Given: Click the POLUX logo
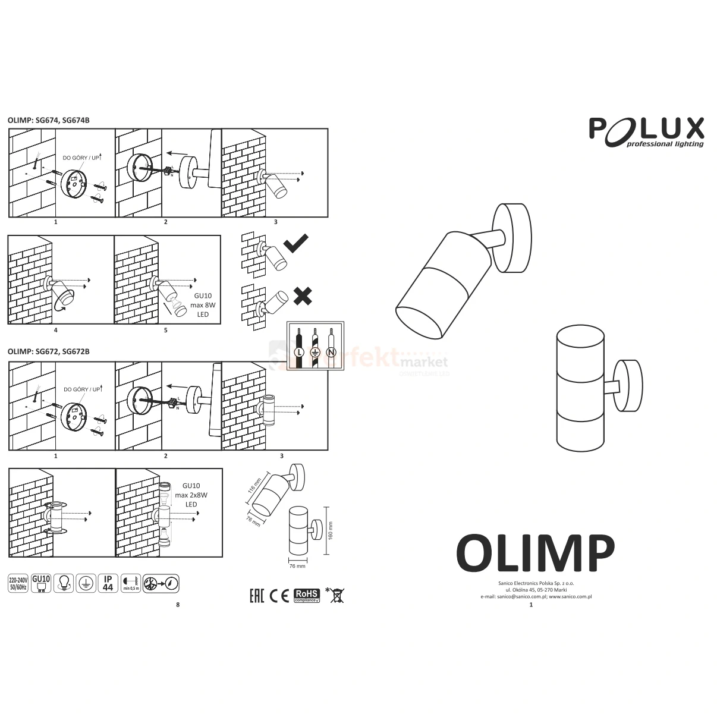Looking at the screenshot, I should (x=646, y=131).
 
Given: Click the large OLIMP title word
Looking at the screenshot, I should (x=534, y=553).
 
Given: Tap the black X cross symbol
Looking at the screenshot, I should (x=303, y=295).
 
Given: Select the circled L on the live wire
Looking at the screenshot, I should (x=299, y=353).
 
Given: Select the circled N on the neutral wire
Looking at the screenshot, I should (x=331, y=353).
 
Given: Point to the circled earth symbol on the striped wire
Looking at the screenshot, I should (x=315, y=353).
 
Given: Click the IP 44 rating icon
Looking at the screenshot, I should (x=108, y=583).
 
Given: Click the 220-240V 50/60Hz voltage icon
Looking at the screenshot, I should (x=18, y=583).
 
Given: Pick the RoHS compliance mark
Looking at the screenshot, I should (x=307, y=595).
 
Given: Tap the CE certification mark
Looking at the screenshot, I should (x=279, y=595).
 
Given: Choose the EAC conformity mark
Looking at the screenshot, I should (x=256, y=595).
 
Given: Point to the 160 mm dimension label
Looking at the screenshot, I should (x=331, y=530).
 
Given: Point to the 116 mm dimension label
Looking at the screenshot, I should (x=254, y=489).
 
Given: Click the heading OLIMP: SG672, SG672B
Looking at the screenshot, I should (x=49, y=351).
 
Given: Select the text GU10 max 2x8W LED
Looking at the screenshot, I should (x=191, y=495).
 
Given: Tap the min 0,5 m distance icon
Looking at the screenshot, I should (x=131, y=583).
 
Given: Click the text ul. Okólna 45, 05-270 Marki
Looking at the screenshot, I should (x=536, y=590).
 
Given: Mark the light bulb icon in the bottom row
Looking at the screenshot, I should (x=63, y=583).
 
